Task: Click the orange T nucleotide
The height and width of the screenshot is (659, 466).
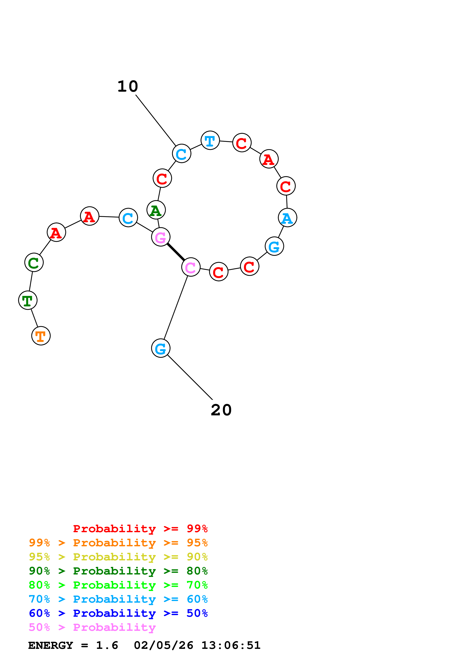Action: tap(41, 336)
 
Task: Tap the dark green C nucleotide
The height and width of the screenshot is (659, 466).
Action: tap(34, 262)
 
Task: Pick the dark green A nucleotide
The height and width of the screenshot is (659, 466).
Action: tap(156, 210)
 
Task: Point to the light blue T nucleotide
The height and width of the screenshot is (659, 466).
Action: tap(210, 140)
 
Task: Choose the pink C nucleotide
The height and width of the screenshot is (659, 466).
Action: tap(191, 267)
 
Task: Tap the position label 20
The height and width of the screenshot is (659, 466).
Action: tap(221, 410)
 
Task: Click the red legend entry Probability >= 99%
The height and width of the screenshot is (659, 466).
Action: tap(140, 529)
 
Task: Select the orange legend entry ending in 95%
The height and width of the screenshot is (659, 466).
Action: tap(118, 543)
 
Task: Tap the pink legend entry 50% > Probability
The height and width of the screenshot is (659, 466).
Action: tap(92, 627)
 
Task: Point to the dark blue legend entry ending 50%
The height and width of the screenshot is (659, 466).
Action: tap(118, 613)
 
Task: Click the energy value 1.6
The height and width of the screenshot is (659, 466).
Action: tap(107, 645)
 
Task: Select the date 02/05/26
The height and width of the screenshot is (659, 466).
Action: tap(163, 645)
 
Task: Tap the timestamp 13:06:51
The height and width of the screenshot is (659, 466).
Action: tap(231, 645)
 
